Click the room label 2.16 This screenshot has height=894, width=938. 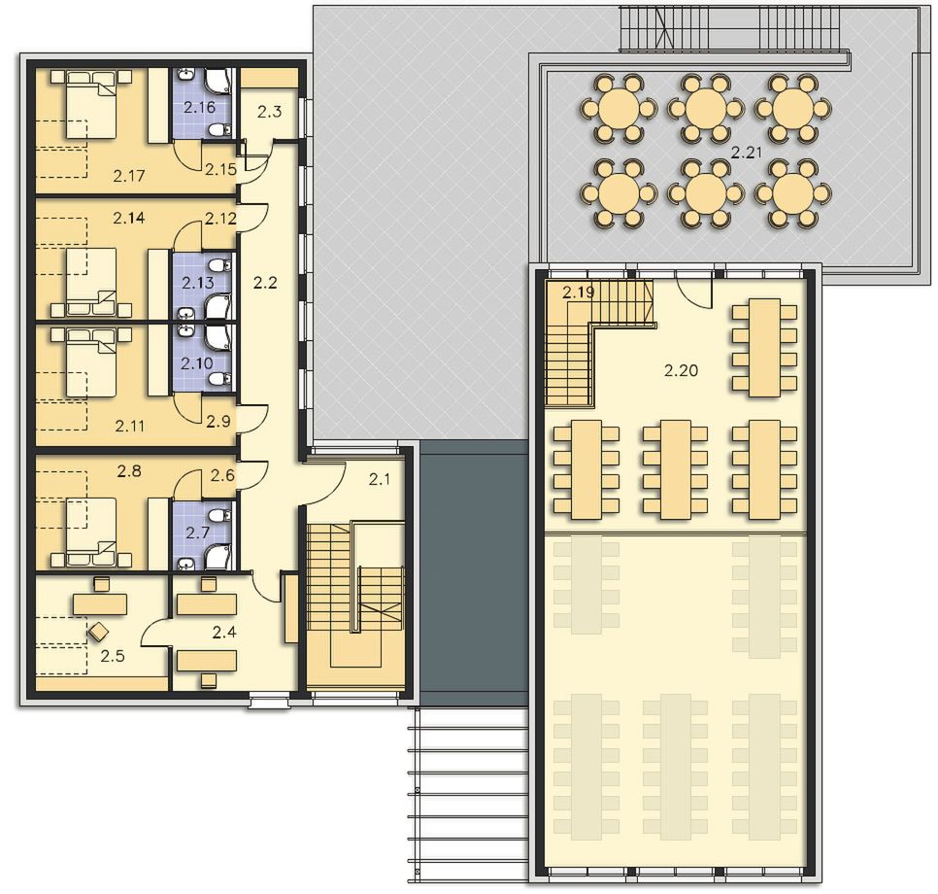coord(199,108)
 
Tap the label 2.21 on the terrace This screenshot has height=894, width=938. coord(747,153)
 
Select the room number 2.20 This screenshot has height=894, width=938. coord(682,370)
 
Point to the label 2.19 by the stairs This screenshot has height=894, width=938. coord(579,292)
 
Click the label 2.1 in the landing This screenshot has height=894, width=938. coord(380,479)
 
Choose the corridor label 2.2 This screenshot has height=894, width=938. coord(265,282)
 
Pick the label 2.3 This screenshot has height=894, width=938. coord(270,111)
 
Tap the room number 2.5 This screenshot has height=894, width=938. coord(113,656)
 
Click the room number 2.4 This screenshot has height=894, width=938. coord(224,632)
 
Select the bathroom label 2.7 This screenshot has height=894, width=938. coord(197,532)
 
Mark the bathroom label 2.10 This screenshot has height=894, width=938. coord(197,362)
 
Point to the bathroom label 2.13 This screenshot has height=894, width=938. coord(198,283)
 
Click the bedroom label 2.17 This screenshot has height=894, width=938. coord(129,176)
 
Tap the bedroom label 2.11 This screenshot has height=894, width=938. coord(130,427)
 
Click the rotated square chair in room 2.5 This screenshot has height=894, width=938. coord(98,631)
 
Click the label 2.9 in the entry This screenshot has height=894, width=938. coord(218,422)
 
